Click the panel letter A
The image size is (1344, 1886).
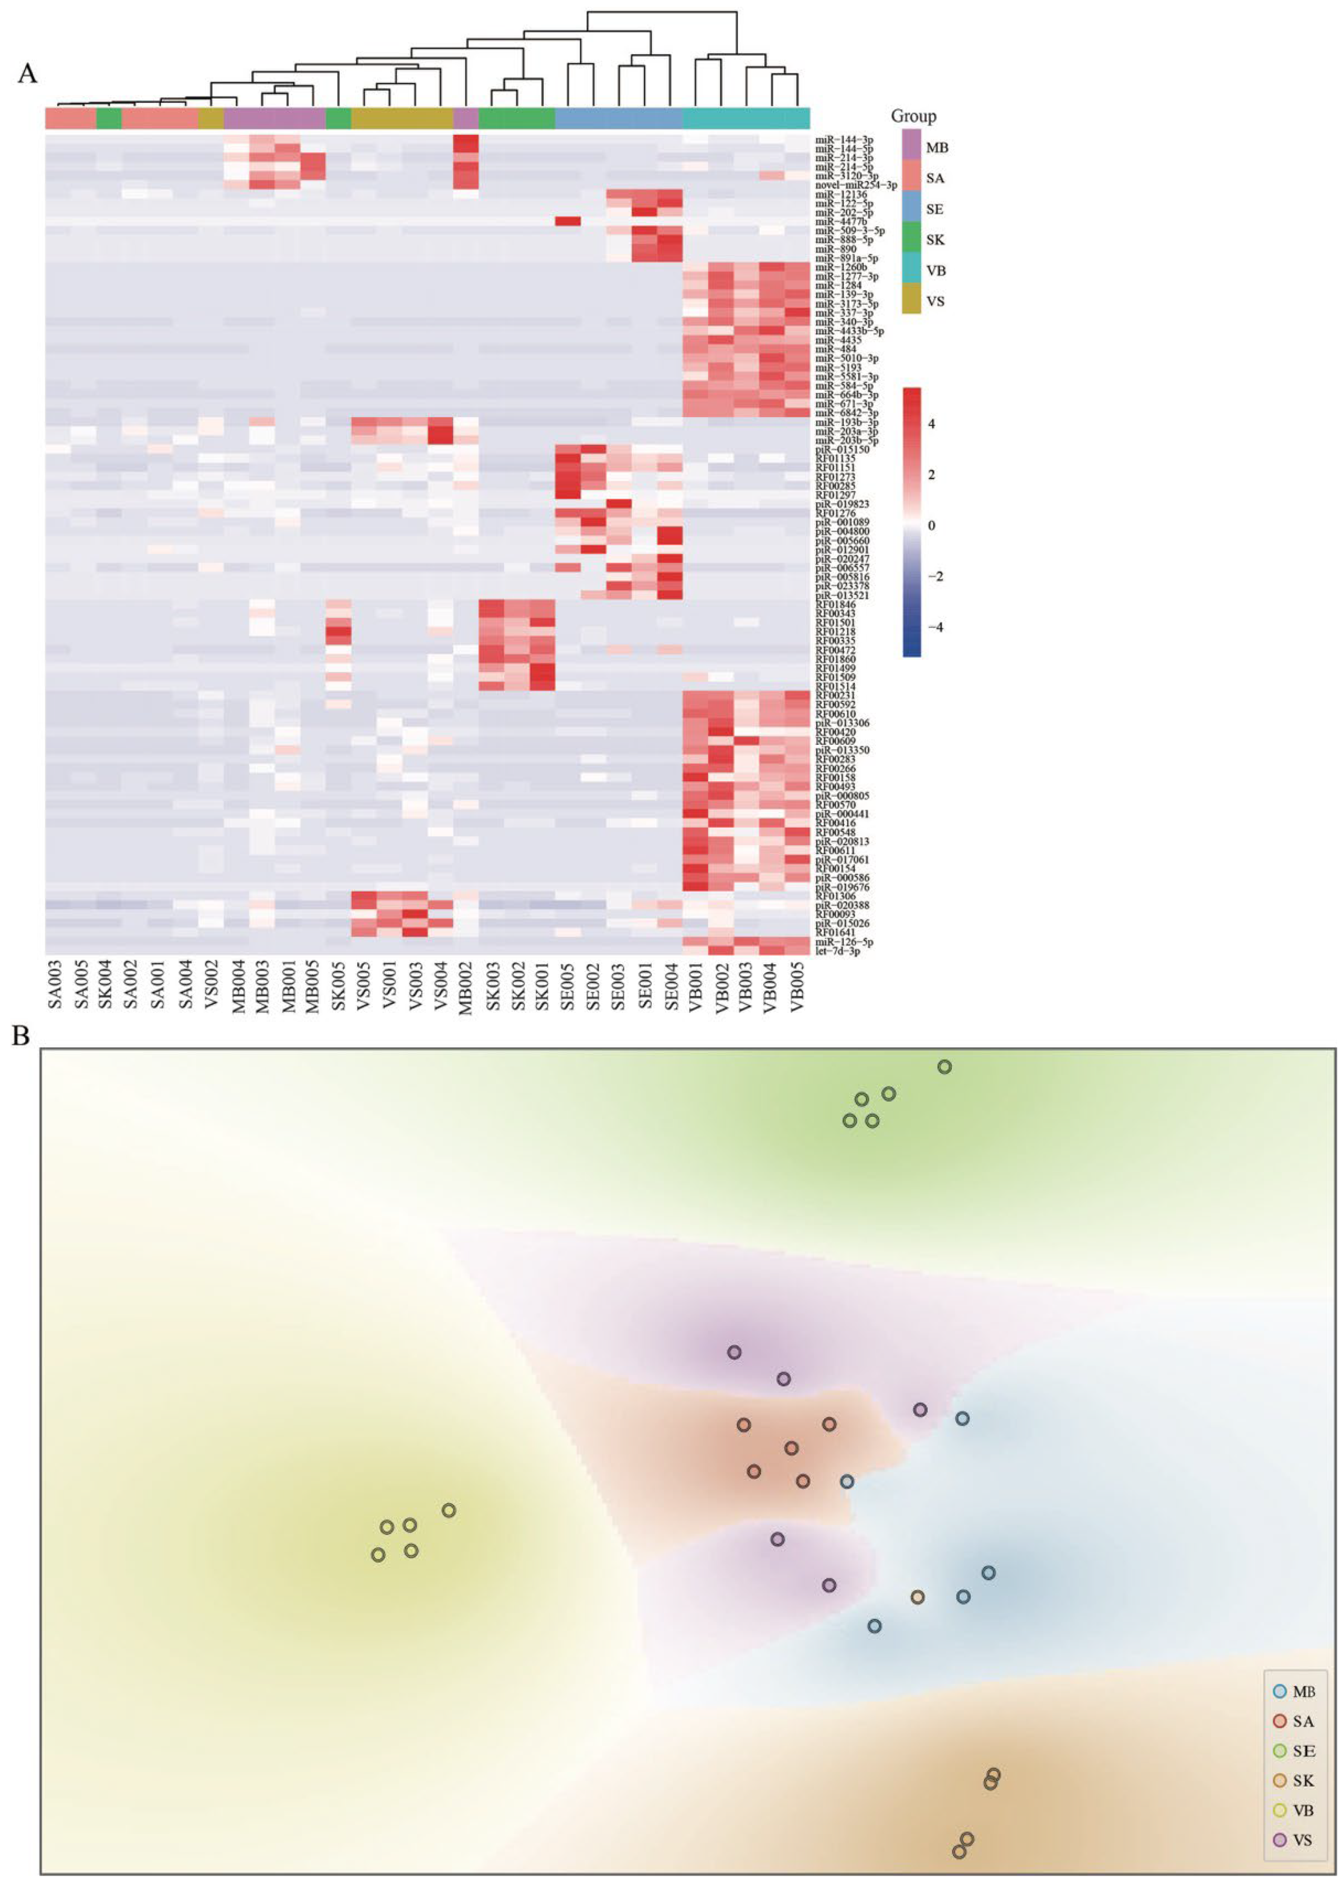click(x=27, y=74)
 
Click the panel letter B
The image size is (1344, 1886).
click(x=21, y=1035)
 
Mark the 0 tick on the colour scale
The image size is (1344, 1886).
click(x=932, y=525)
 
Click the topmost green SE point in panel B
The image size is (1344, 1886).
click(x=944, y=1067)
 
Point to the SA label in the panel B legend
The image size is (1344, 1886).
click(x=1303, y=1721)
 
